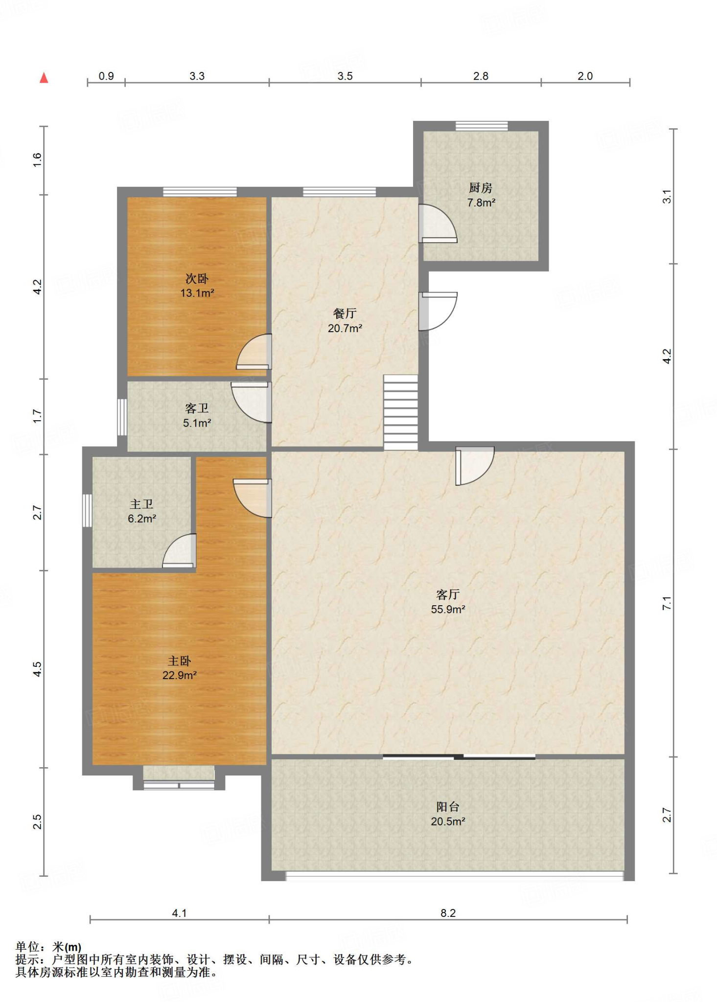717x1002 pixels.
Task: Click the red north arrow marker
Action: click(44, 77)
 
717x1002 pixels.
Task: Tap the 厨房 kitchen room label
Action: click(481, 188)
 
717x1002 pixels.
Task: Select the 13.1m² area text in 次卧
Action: click(197, 293)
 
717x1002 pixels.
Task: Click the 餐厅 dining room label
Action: click(345, 314)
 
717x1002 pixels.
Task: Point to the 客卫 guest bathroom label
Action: click(197, 409)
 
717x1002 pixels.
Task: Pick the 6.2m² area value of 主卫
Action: click(142, 519)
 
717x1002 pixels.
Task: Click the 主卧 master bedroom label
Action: click(180, 661)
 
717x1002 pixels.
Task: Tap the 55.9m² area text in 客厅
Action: click(448, 609)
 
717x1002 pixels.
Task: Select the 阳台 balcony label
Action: click(448, 807)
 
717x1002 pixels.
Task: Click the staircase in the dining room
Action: click(400, 412)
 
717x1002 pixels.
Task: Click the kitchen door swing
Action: click(438, 224)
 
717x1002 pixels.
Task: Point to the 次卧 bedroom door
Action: click(254, 352)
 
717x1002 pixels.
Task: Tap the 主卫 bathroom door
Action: click(179, 551)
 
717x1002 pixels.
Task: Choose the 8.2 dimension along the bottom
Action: click(448, 913)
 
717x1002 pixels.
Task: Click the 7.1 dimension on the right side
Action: click(667, 603)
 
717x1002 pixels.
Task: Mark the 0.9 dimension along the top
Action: click(106, 76)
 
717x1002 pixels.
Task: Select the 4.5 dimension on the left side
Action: click(37, 669)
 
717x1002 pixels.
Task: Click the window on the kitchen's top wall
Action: click(482, 126)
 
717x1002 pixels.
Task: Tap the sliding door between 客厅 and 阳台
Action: click(459, 757)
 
